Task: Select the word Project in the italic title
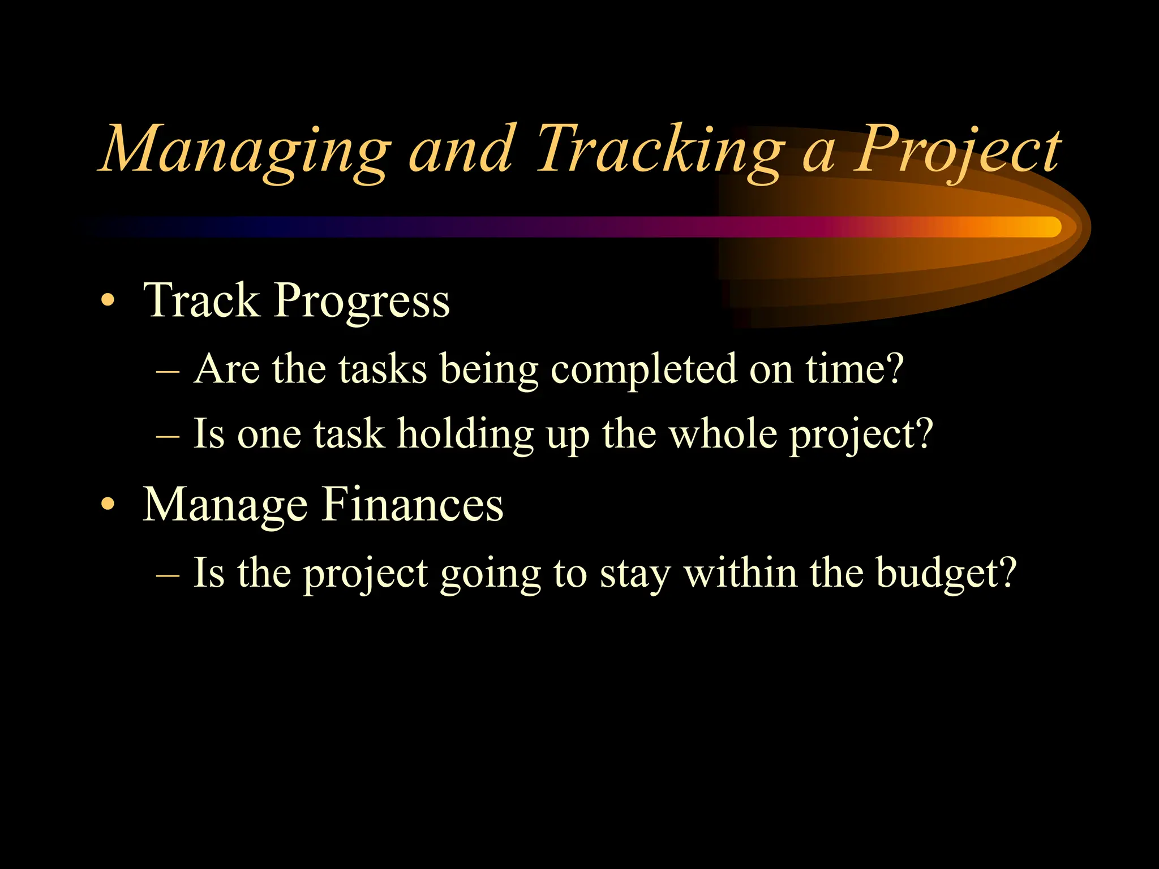coord(956,150)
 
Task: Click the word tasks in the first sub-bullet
coord(383,369)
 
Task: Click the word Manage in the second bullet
coord(225,505)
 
